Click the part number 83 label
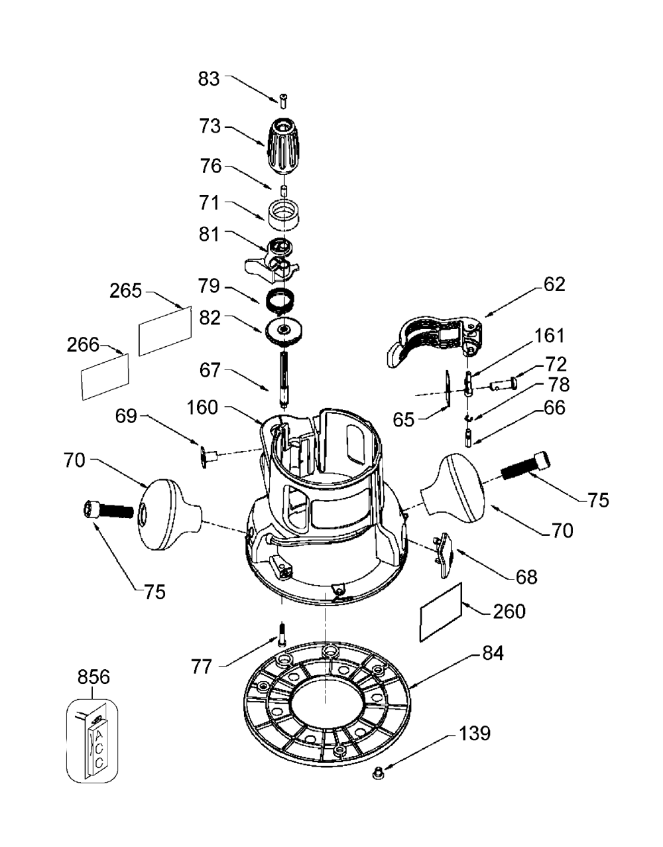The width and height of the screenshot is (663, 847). (209, 79)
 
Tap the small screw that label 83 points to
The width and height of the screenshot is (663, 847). (283, 101)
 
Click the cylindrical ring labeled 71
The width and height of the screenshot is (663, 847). (284, 215)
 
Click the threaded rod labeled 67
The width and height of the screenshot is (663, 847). (284, 379)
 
